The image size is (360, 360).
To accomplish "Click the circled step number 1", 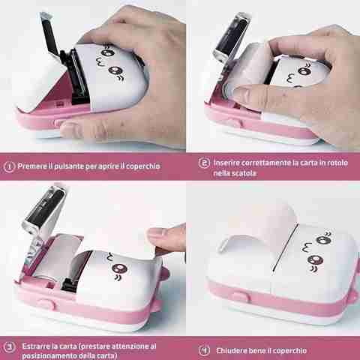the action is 9,166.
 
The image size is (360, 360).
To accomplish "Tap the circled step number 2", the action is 204,163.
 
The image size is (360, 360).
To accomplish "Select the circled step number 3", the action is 9,346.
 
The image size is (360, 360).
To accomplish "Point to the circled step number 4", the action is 204,350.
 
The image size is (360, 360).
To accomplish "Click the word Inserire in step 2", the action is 226,163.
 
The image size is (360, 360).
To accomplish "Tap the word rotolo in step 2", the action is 337,163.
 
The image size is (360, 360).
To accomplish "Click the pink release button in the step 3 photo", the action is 46,304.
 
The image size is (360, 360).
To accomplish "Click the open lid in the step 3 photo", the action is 45,210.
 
